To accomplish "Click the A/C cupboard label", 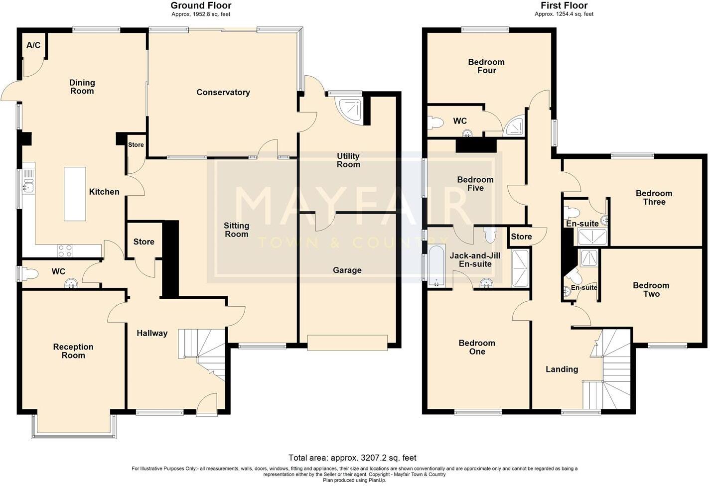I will (33, 45).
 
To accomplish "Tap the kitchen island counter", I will (75, 194).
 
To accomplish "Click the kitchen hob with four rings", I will (65, 250).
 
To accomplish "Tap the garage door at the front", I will (347, 343).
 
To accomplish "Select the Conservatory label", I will (223, 92).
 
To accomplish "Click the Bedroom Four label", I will (486, 66).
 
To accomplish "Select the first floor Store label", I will (521, 237).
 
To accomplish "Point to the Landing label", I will (562, 369).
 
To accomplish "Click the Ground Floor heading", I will (201, 5).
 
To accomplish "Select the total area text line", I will (352, 458).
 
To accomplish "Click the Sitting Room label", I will (236, 230).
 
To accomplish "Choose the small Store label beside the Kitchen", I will (136, 145).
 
